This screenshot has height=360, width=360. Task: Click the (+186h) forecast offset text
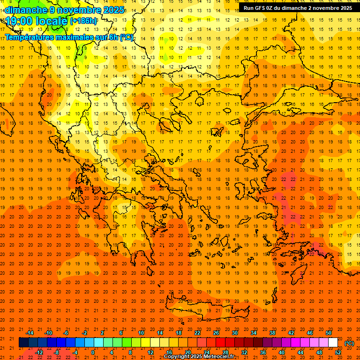coord(83,21)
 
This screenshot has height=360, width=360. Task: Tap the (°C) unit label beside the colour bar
coord(349,343)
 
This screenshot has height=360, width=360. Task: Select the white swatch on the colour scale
coord(333,343)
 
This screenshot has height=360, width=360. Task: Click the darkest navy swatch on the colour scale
coord(23,343)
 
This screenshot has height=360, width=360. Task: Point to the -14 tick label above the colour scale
coord(30,333)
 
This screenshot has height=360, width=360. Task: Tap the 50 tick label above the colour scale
coord(329,333)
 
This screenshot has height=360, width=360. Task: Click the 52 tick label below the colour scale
coord(338,352)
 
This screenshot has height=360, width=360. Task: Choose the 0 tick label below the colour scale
coord(93,352)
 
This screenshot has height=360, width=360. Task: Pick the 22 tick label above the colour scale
coord(197,333)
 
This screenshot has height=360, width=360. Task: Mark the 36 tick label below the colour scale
coord(263,352)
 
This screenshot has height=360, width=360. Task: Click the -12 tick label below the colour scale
coord(39,352)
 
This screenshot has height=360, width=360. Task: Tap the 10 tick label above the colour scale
coord(141,333)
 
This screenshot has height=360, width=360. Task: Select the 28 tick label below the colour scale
coord(225,352)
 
